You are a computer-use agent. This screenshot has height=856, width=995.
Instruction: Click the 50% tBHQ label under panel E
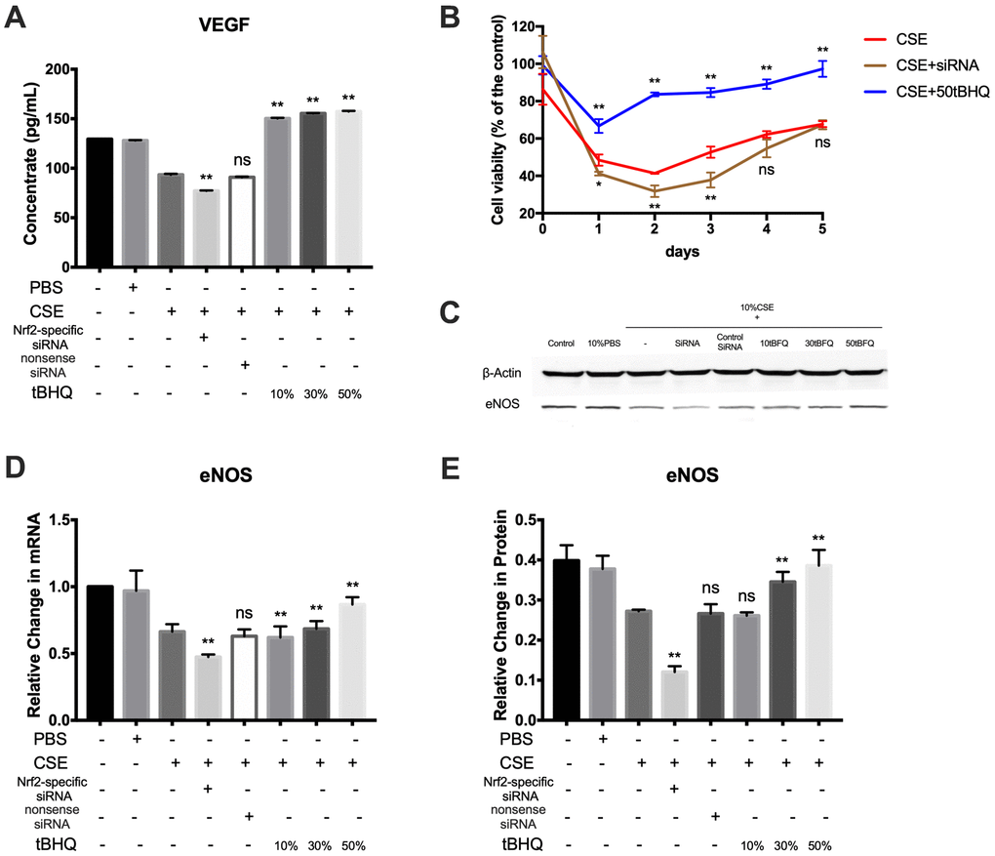pyautogui.click(x=817, y=844)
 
